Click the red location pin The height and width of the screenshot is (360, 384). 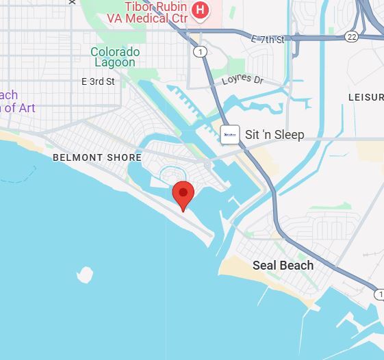[x=183, y=194]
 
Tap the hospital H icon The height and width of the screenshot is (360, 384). [x=200, y=9]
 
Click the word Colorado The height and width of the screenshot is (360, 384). [x=115, y=52]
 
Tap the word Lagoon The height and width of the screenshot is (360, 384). [x=115, y=63]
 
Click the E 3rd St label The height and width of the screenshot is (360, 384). [x=98, y=81]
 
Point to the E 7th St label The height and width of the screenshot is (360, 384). [x=268, y=40]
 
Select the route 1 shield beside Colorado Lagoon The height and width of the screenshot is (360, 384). [x=199, y=52]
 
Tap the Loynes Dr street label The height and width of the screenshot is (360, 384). [x=242, y=80]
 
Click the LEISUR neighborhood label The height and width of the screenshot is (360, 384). [x=366, y=98]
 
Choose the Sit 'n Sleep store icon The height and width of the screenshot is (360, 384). [x=230, y=134]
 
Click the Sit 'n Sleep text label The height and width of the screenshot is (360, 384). [x=274, y=135]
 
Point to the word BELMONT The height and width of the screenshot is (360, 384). [x=77, y=157]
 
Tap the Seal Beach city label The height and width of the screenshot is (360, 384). [x=283, y=266]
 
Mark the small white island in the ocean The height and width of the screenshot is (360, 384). [x=84, y=275]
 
